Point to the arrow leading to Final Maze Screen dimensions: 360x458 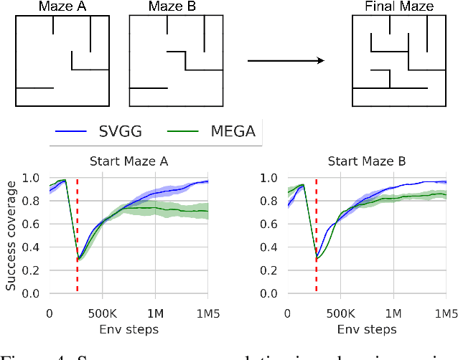click(286, 60)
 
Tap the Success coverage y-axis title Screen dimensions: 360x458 click(11, 235)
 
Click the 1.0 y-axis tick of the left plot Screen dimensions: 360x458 click(32, 178)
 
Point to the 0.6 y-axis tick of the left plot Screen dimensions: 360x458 click(32, 224)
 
